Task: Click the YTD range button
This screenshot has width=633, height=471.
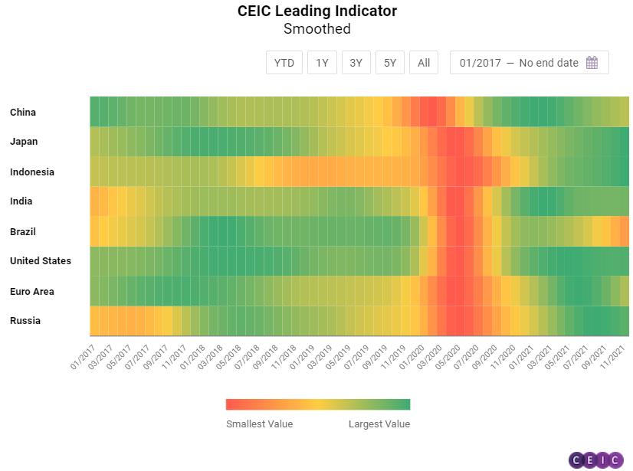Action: (284, 63)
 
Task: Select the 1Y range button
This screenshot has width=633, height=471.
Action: (322, 63)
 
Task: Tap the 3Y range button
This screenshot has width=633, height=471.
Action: (356, 63)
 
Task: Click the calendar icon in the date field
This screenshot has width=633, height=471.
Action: (592, 63)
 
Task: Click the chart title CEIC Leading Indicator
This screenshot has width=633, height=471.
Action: (317, 11)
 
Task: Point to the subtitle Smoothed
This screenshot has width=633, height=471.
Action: (317, 29)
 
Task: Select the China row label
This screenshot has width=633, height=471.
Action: (23, 113)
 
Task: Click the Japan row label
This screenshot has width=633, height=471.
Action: (24, 142)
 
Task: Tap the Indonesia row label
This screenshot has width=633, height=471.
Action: (32, 172)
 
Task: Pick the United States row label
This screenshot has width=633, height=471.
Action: (41, 261)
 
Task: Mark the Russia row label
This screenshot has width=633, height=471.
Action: (25, 321)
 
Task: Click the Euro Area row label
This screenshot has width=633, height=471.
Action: (31, 292)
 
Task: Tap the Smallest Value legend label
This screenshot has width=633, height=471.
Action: (259, 424)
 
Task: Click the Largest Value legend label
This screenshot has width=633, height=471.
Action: (379, 424)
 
